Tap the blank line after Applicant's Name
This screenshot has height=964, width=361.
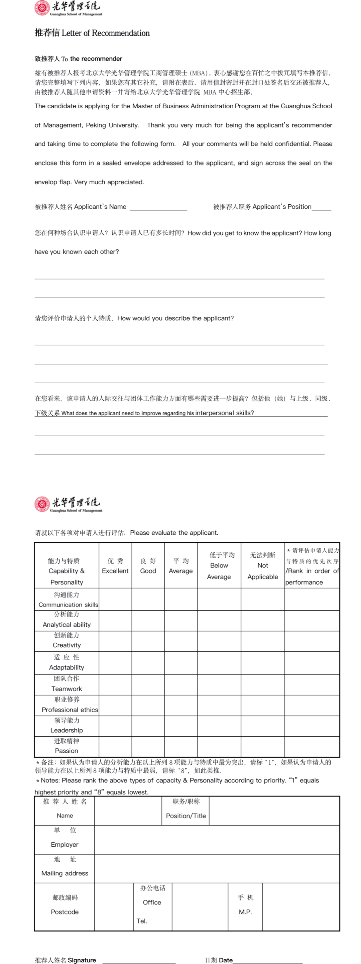158,207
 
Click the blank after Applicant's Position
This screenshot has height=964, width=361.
321,207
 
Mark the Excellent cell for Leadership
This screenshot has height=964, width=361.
115,726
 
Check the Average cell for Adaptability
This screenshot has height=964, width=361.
181,663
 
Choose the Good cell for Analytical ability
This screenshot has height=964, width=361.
148,621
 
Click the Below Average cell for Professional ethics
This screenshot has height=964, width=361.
219,706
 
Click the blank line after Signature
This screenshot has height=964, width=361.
139,960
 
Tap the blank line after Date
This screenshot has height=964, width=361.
267,960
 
